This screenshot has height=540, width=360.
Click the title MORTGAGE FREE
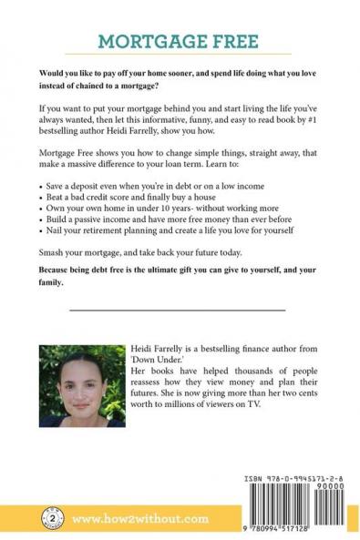click(x=179, y=42)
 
